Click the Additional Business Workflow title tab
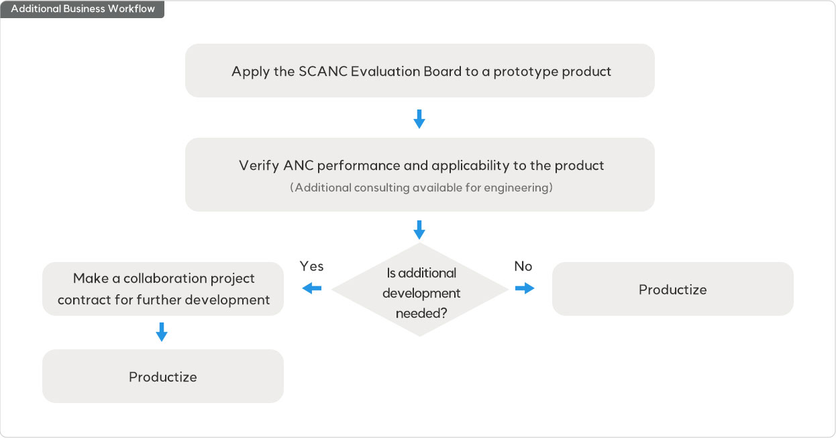coord(83,9)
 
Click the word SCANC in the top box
coord(323,71)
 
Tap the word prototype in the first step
coord(525,71)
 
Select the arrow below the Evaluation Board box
coord(419,119)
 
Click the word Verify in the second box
coord(258,165)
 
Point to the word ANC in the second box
coord(298,165)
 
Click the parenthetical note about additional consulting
coord(421,187)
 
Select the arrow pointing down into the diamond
coord(419,229)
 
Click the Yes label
coord(311,267)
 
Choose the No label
coord(523,267)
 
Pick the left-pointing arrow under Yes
coord(312,288)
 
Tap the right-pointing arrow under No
coord(525,288)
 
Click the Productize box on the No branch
coord(672,290)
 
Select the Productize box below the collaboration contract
coord(163,376)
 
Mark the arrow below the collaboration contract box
coord(161,332)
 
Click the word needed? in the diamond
coord(421,313)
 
